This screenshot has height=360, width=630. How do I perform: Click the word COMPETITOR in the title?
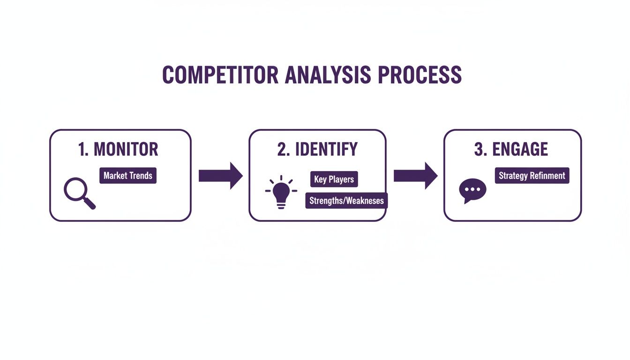coord(220,75)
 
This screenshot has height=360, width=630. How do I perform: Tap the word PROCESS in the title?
coord(420,75)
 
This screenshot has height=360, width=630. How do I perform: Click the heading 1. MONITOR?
coord(119,150)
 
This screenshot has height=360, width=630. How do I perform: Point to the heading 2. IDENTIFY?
coord(317,150)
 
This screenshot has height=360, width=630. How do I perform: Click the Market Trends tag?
coord(128,176)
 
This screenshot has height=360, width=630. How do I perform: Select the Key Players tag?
coord(334,180)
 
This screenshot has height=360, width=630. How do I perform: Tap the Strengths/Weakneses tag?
coord(346,201)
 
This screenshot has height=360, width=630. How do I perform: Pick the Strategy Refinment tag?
coord(532,176)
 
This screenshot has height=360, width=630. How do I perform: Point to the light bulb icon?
coord(281,192)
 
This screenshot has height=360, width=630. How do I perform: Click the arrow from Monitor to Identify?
coord(220,176)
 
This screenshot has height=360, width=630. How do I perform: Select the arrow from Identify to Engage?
coord(415,176)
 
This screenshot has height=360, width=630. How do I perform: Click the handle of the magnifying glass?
coord(90,203)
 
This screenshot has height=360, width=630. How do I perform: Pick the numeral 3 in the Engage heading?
coord(479,150)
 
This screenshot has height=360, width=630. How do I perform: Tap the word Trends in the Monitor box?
coord(141,176)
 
